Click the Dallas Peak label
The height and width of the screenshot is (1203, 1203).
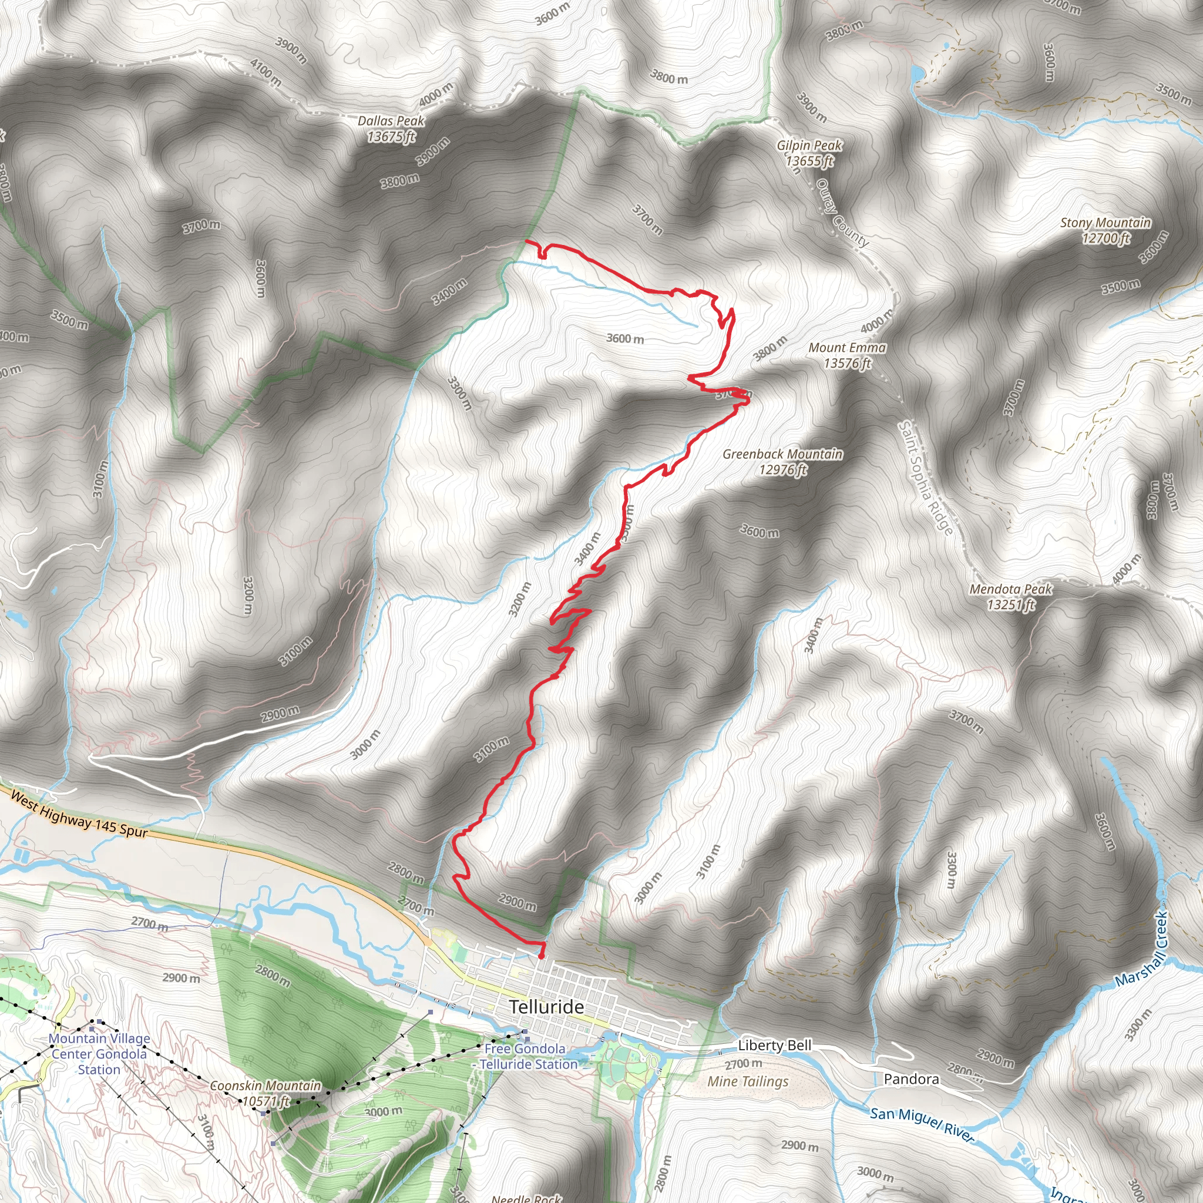[x=391, y=128]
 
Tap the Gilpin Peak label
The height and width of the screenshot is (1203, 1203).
[x=809, y=153]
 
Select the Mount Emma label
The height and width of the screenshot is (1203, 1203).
[x=847, y=355]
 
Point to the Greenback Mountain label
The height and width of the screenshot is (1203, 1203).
[x=782, y=461]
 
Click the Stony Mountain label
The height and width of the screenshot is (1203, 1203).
[x=1105, y=230]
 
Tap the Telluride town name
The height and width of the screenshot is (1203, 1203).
[x=547, y=1007]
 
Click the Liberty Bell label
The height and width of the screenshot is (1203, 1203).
[x=775, y=1046]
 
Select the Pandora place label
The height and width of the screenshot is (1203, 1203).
[x=911, y=1079]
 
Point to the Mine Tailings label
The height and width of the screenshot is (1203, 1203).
[x=747, y=1081]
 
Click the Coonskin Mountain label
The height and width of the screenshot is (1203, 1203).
[x=266, y=1093]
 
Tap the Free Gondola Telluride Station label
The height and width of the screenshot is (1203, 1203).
[x=526, y=1057]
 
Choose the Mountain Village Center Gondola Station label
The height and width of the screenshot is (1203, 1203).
[x=99, y=1054]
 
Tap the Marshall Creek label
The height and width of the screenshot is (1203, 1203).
[x=1141, y=950]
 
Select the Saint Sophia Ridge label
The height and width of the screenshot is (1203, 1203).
[x=925, y=478]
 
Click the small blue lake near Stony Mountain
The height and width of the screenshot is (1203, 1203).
[x=916, y=75]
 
